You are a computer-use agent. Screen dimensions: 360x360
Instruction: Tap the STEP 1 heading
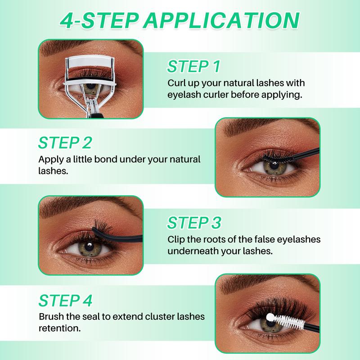(193, 67)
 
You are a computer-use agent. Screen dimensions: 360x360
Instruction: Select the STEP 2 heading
(65, 142)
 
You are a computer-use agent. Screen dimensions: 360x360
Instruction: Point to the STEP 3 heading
(194, 223)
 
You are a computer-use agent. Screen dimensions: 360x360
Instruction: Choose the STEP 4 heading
(65, 300)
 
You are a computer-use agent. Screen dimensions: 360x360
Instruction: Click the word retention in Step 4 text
(60, 328)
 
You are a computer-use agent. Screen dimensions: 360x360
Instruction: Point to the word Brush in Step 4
(51, 317)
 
